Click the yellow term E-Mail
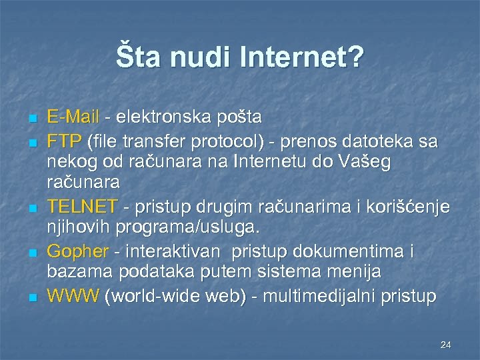click(72, 117)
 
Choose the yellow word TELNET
click(82, 205)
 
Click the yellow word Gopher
click(77, 251)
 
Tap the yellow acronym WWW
click(73, 295)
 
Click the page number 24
click(446, 345)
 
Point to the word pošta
click(241, 117)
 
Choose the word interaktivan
click(178, 251)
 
